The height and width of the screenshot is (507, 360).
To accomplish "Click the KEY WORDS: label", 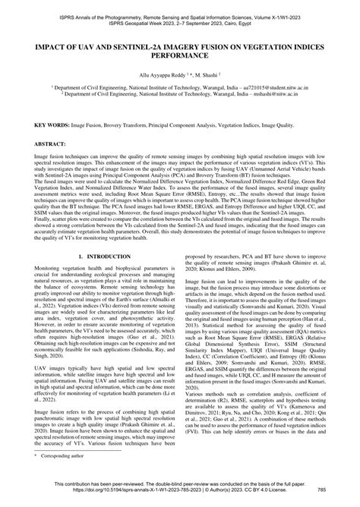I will point(39,123).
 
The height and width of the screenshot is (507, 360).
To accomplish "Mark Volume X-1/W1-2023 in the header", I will point(290,5).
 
